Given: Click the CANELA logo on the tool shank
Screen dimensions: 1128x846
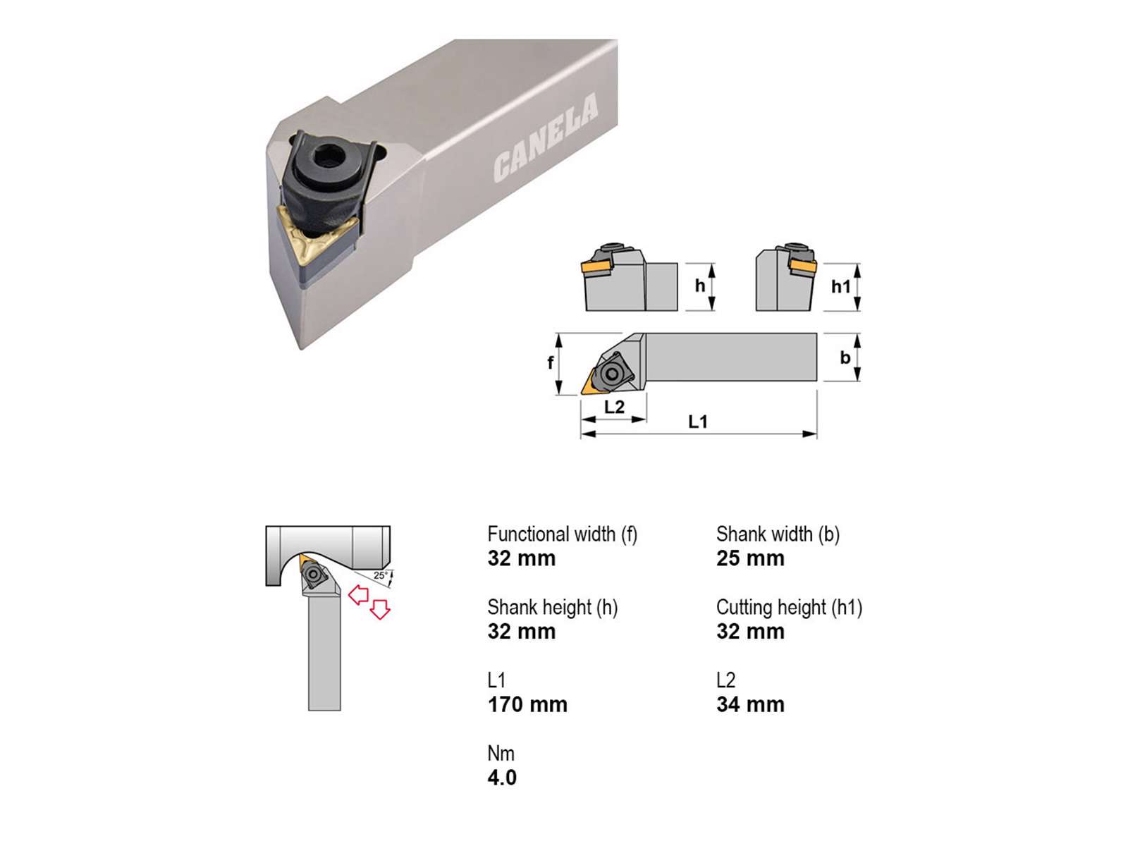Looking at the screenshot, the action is (x=545, y=137).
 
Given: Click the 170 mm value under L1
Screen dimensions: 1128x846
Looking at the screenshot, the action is (x=527, y=704).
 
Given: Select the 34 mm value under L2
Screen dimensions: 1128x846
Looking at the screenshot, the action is (x=750, y=704).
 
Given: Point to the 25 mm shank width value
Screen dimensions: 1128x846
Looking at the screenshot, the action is (x=750, y=558).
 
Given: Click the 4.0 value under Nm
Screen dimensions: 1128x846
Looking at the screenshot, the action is (x=502, y=778).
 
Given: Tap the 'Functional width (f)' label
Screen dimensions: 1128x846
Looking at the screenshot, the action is (x=562, y=534).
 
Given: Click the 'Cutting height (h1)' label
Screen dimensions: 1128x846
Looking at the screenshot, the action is (x=789, y=608).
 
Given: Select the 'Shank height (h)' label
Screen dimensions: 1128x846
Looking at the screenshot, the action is (x=553, y=608).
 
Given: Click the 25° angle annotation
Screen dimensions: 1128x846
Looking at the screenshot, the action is (x=380, y=575).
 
